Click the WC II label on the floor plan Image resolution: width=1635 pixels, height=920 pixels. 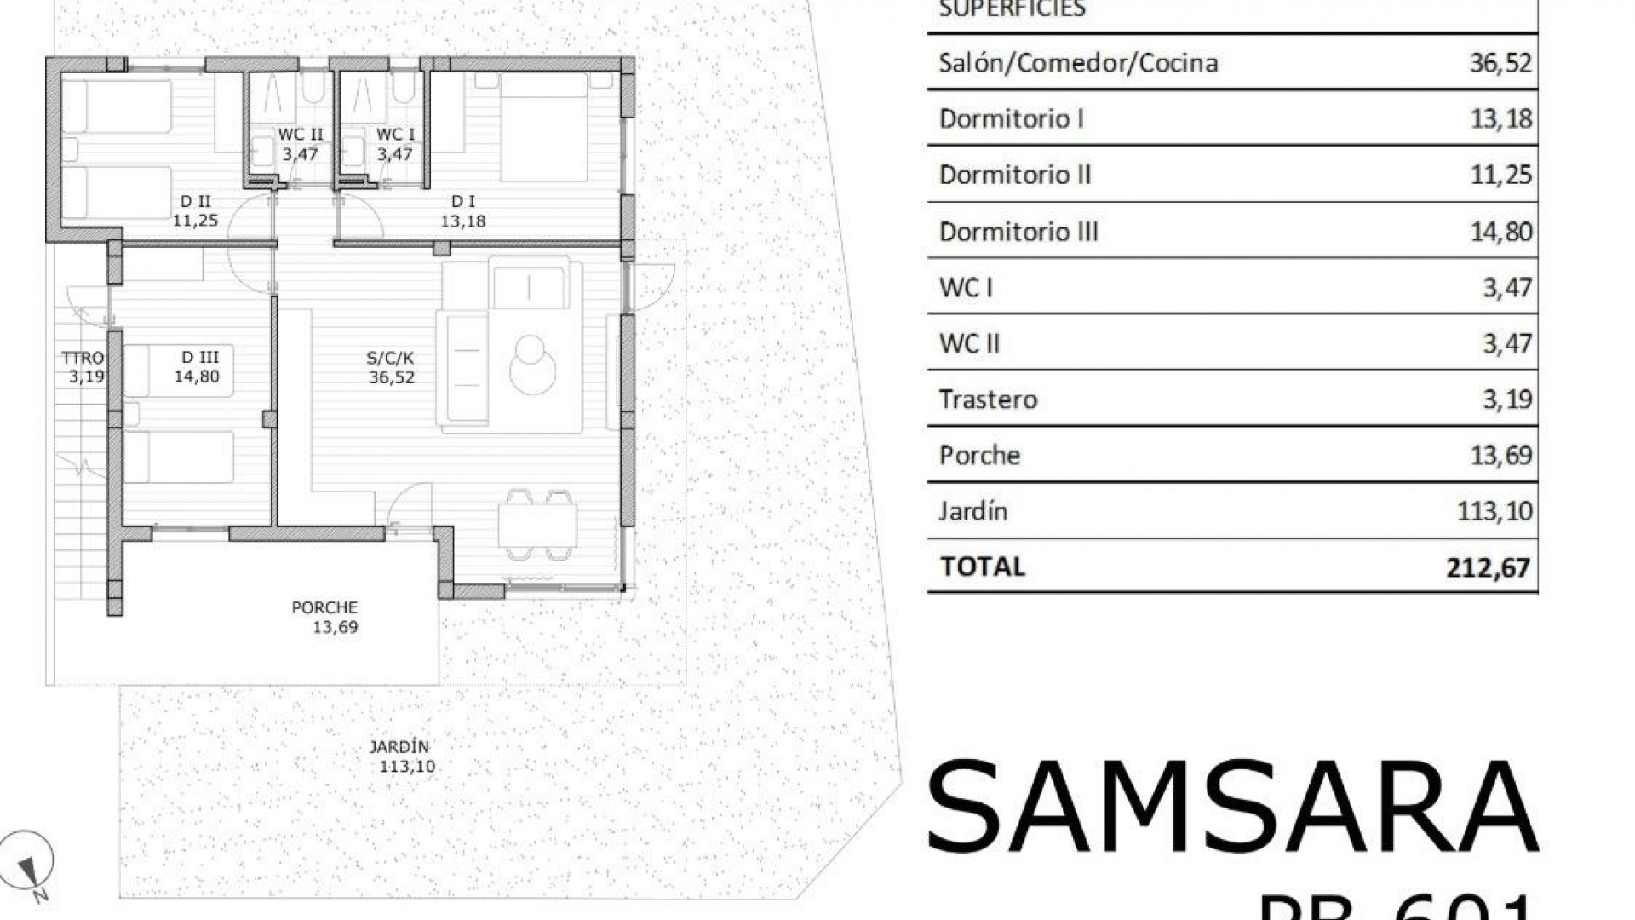click(x=301, y=135)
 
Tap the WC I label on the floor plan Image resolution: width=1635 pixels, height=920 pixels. click(x=395, y=135)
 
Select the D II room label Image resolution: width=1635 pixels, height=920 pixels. click(x=196, y=202)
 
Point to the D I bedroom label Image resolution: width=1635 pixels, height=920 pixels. click(x=463, y=202)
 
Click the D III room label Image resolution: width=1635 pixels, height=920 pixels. click(x=199, y=358)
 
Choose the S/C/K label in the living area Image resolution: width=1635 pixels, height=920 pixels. click(x=391, y=359)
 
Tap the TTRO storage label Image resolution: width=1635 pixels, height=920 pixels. click(x=83, y=358)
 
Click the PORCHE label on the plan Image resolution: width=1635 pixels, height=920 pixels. click(x=324, y=607)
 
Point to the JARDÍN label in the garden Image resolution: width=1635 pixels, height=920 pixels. click(x=399, y=747)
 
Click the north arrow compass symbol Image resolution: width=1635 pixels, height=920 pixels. click(x=28, y=862)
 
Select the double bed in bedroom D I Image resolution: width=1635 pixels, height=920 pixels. click(x=544, y=127)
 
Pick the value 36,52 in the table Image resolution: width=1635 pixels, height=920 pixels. click(x=1500, y=63)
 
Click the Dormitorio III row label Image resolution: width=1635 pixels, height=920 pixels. click(x=1018, y=232)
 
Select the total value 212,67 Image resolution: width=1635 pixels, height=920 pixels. click(x=1488, y=567)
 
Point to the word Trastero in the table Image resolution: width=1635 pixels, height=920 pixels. click(x=988, y=400)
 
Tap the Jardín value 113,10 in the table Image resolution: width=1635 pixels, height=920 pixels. click(x=1494, y=511)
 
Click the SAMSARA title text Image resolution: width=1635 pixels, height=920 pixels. click(x=1231, y=807)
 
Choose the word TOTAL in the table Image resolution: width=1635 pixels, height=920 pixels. click(x=983, y=566)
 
